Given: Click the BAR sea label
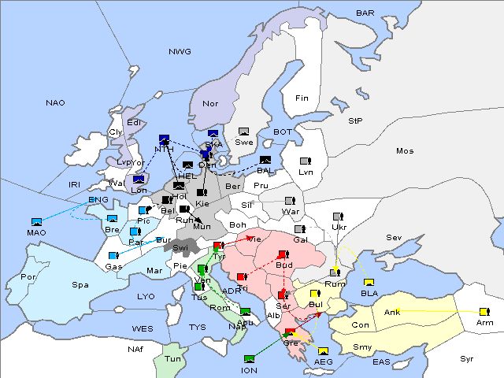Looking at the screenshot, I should coord(365,13).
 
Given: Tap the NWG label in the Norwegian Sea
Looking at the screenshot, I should coord(180,52).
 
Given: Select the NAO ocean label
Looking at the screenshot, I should coord(55,103).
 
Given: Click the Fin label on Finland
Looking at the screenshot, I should coord(302,98).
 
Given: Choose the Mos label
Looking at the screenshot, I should coord(405,150).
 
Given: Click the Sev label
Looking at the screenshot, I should coord(394,237).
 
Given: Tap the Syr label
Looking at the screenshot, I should coord(467,358).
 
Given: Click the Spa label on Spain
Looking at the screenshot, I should coord(80,284).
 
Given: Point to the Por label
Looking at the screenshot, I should coord(28,277).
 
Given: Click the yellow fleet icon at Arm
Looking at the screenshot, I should coord(483,312).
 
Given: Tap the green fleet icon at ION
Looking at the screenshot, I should coord(250,359).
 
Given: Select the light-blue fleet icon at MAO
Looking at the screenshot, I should coord(36,222).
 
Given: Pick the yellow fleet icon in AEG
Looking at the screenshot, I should coord(323,351).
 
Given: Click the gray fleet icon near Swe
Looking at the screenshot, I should coord(244,132).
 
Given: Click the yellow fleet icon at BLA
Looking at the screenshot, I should coord(369,283).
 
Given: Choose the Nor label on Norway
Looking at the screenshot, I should coord(210,103).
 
